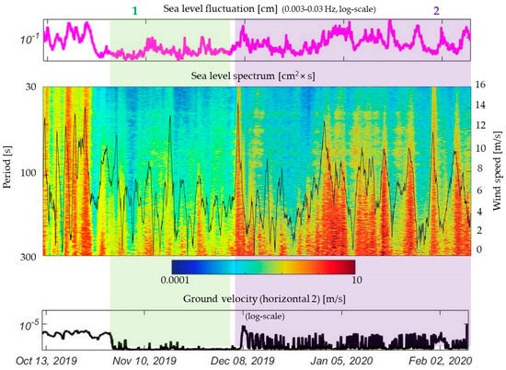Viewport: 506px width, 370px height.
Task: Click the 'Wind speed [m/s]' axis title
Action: tap(498, 171)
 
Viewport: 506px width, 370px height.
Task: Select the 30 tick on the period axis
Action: tap(29, 87)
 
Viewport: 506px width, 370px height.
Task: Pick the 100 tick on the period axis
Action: tap(27, 173)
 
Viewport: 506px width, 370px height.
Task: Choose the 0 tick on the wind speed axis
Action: tap(479, 249)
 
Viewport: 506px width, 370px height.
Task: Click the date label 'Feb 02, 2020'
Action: tap(443, 361)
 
